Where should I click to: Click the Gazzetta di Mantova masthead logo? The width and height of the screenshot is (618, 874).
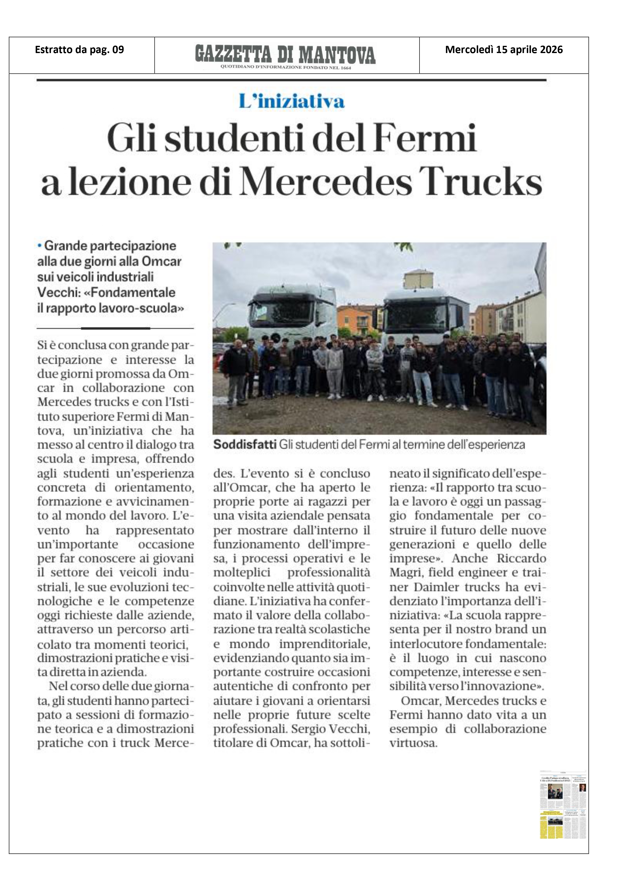pyautogui.click(x=285, y=54)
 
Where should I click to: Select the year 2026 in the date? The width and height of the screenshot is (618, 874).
pyautogui.click(x=549, y=50)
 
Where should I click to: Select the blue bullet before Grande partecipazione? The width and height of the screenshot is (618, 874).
pyautogui.click(x=39, y=246)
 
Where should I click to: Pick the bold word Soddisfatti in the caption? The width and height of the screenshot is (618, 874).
pyautogui.click(x=244, y=445)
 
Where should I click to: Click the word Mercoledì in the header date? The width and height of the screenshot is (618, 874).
pyautogui.click(x=469, y=50)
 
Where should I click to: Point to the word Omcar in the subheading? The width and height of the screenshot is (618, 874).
pyautogui.click(x=161, y=262)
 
